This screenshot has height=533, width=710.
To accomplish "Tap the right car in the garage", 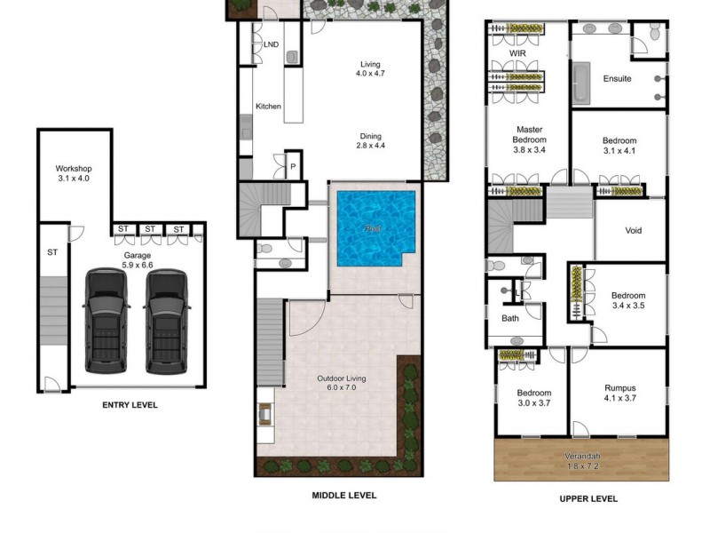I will (x=166, y=321).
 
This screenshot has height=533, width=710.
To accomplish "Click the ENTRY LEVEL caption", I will (x=130, y=405).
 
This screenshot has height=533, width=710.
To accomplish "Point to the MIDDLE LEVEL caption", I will (x=343, y=495).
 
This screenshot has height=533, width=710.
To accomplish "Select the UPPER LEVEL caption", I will (x=587, y=498).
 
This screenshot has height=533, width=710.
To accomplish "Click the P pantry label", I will (x=292, y=166).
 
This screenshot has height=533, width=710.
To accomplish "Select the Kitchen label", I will (x=268, y=107).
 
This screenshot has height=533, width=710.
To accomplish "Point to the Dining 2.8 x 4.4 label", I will (x=372, y=140).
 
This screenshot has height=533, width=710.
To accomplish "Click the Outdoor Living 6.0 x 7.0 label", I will (x=342, y=384).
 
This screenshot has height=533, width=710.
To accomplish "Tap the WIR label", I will (x=518, y=53).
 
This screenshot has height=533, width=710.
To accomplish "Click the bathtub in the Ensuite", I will (x=580, y=84).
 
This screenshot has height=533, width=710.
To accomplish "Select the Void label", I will (x=633, y=231).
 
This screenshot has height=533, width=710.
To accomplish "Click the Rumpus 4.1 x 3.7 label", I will (x=619, y=394).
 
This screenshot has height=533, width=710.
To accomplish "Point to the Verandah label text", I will (x=582, y=458).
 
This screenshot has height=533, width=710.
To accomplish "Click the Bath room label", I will (x=510, y=318).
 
